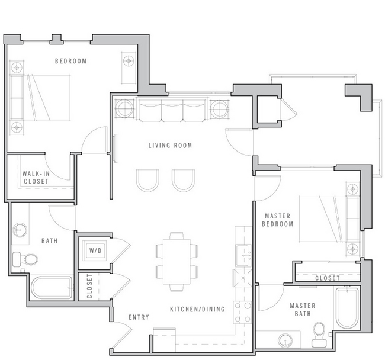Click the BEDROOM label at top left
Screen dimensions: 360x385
click(x=71, y=61)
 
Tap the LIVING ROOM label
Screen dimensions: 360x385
click(x=170, y=146)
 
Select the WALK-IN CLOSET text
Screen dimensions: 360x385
click(x=36, y=178)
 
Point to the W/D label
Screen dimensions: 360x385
click(x=95, y=250)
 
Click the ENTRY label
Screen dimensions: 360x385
click(x=139, y=317)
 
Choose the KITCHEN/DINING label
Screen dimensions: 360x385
click(x=197, y=309)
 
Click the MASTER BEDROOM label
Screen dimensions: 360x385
click(x=278, y=220)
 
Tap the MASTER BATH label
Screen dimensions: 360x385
click(x=302, y=310)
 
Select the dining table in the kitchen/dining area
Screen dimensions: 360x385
click(x=177, y=261)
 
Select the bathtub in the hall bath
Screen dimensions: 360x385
click(x=51, y=288)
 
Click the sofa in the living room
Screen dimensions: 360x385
click(x=172, y=110)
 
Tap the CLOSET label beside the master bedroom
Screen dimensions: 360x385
click(x=327, y=278)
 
